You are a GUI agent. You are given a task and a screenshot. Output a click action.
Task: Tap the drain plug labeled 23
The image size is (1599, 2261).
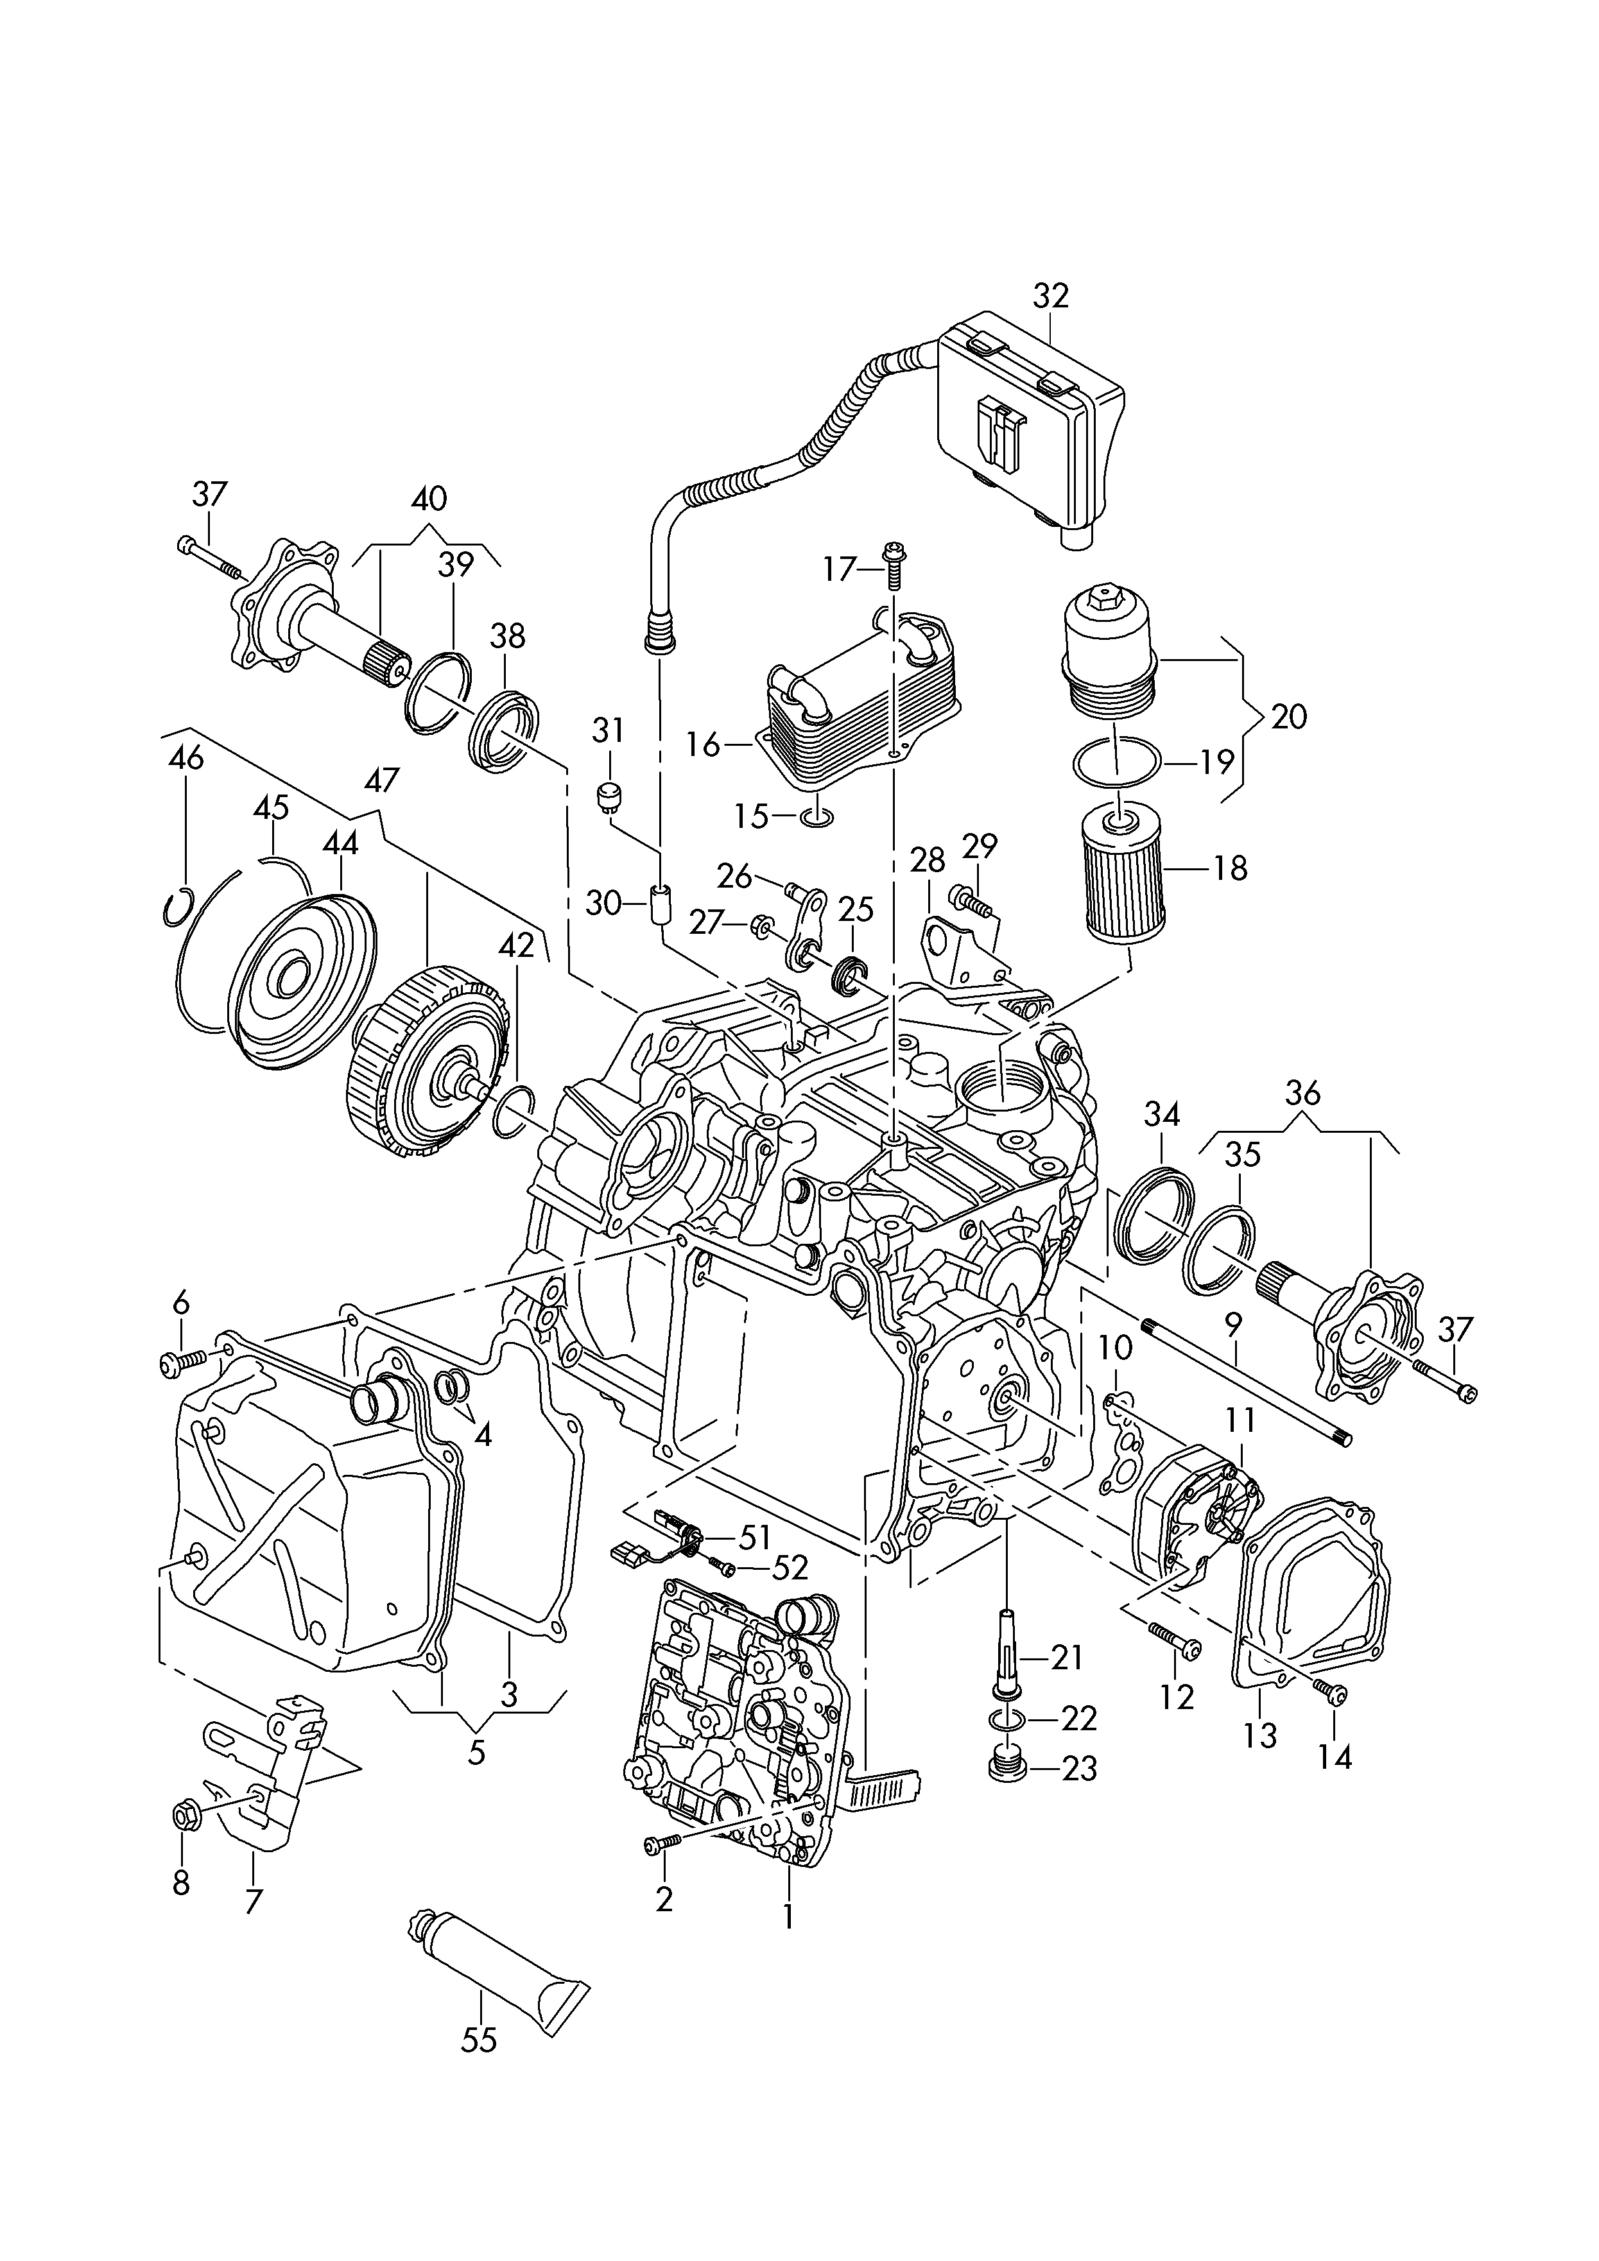pyautogui.click(x=1005, y=1767)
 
